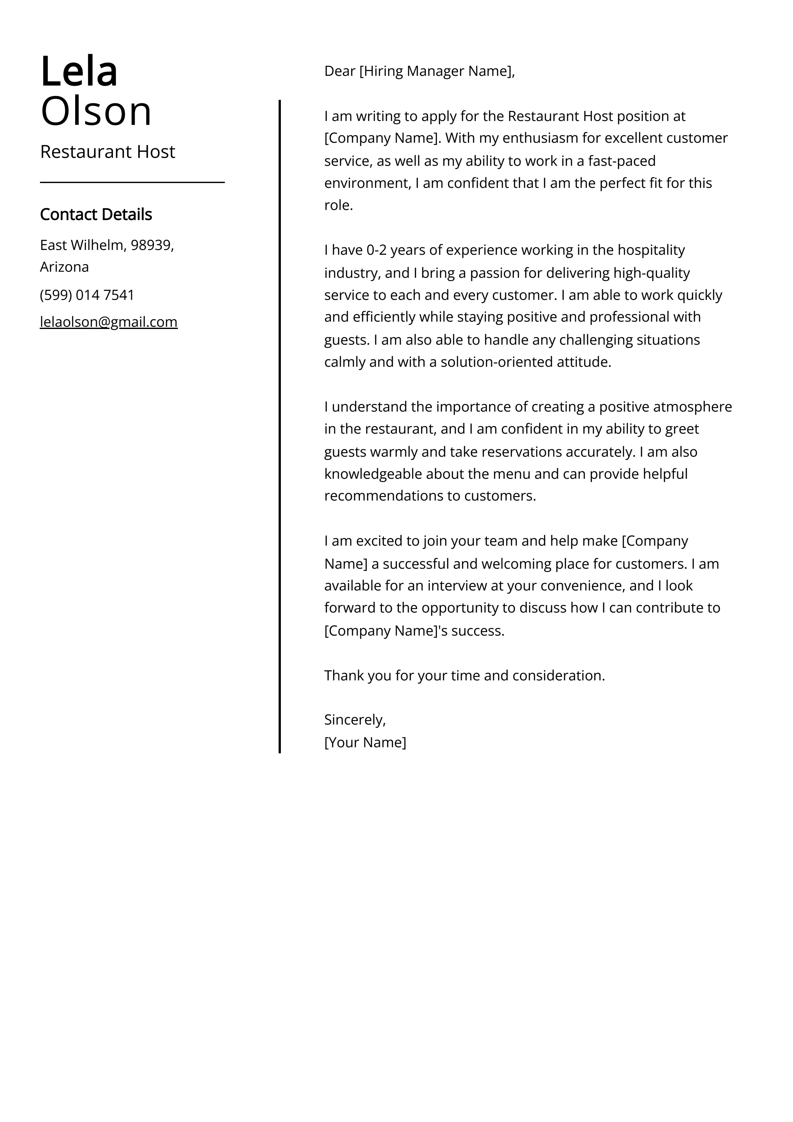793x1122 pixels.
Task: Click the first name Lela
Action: pyautogui.click(x=79, y=72)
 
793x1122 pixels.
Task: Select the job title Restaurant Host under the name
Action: pyautogui.click(x=107, y=152)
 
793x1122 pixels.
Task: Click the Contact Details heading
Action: pyautogui.click(x=96, y=214)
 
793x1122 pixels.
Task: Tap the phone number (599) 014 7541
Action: pyautogui.click(x=87, y=295)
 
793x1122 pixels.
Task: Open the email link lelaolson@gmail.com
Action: pyautogui.click(x=108, y=322)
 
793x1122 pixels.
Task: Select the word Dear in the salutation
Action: pyautogui.click(x=340, y=71)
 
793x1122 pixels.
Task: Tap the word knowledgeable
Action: pyautogui.click(x=373, y=474)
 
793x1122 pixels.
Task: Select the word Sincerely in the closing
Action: pyautogui.click(x=354, y=720)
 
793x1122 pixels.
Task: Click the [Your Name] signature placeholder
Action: pyautogui.click(x=365, y=742)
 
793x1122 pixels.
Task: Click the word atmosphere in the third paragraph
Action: pyautogui.click(x=692, y=407)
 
